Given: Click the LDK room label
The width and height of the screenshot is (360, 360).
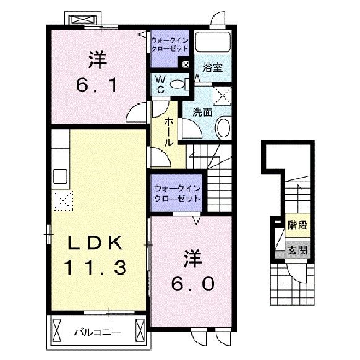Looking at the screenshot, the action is [x=95, y=243].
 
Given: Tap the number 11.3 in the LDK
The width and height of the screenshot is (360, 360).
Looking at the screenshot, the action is [x=95, y=267].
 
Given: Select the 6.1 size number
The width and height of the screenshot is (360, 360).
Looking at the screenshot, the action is [x=96, y=85].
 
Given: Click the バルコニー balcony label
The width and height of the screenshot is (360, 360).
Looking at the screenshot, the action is [x=98, y=332].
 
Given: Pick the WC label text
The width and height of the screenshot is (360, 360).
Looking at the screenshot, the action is [x=160, y=85].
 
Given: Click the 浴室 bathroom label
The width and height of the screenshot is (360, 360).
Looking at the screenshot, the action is [x=212, y=67].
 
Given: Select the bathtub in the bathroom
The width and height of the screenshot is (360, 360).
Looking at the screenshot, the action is [x=213, y=41].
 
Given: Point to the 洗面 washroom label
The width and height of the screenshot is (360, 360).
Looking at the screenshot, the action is [x=202, y=113].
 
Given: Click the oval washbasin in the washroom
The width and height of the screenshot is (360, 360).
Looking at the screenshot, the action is [x=223, y=127].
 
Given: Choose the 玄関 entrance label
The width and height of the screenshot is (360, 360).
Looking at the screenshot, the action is [x=298, y=250].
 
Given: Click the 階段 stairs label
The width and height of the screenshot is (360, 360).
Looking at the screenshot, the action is [x=298, y=225].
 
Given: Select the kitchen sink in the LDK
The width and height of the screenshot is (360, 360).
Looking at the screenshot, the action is [x=60, y=176].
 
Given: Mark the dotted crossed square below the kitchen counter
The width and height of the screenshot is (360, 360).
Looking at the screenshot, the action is [x=62, y=200].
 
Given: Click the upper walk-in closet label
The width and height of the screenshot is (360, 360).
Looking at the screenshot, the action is [x=169, y=45].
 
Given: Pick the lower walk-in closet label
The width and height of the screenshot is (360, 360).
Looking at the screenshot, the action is [x=178, y=194].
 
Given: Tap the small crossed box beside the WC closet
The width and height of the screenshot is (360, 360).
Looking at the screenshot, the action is [x=186, y=64].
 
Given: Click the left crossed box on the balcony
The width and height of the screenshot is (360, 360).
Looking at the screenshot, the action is [x=57, y=330].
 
